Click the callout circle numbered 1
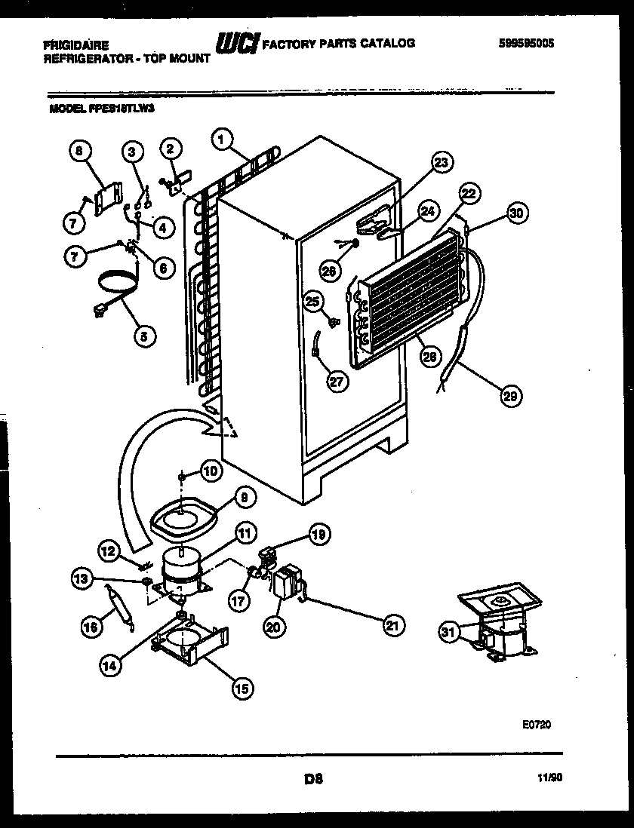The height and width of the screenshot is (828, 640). pos(220,138)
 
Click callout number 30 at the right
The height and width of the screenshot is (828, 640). pos(516,213)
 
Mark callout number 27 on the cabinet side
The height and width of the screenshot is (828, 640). pos(337,381)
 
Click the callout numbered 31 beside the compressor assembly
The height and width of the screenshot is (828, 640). pos(450,633)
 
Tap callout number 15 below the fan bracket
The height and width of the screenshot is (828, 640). pos(242,687)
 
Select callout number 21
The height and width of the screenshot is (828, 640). pos(392,624)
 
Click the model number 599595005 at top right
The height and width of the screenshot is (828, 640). pos(526,44)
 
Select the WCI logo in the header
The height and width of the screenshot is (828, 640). pos(237,44)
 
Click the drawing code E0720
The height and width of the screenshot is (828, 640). pos(537,725)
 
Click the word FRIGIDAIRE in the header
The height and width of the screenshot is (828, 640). pos(75,45)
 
